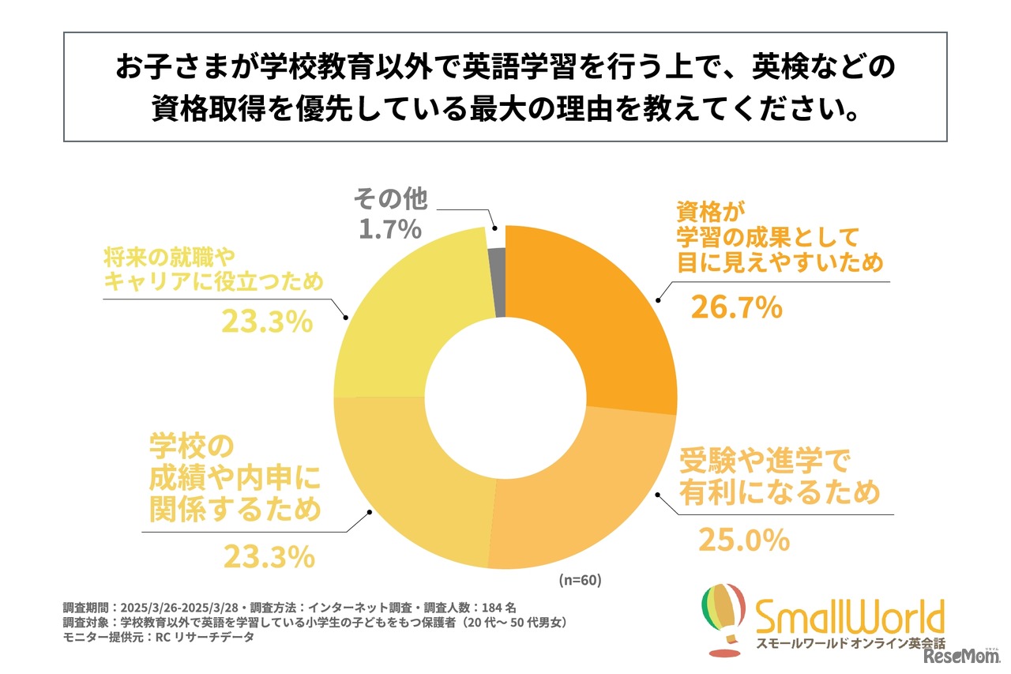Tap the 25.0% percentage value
point(743,540)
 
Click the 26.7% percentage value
point(736,307)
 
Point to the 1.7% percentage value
point(388,230)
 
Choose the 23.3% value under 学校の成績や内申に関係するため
point(269,557)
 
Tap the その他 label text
point(390,198)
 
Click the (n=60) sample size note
point(580,580)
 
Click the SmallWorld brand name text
point(849,615)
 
